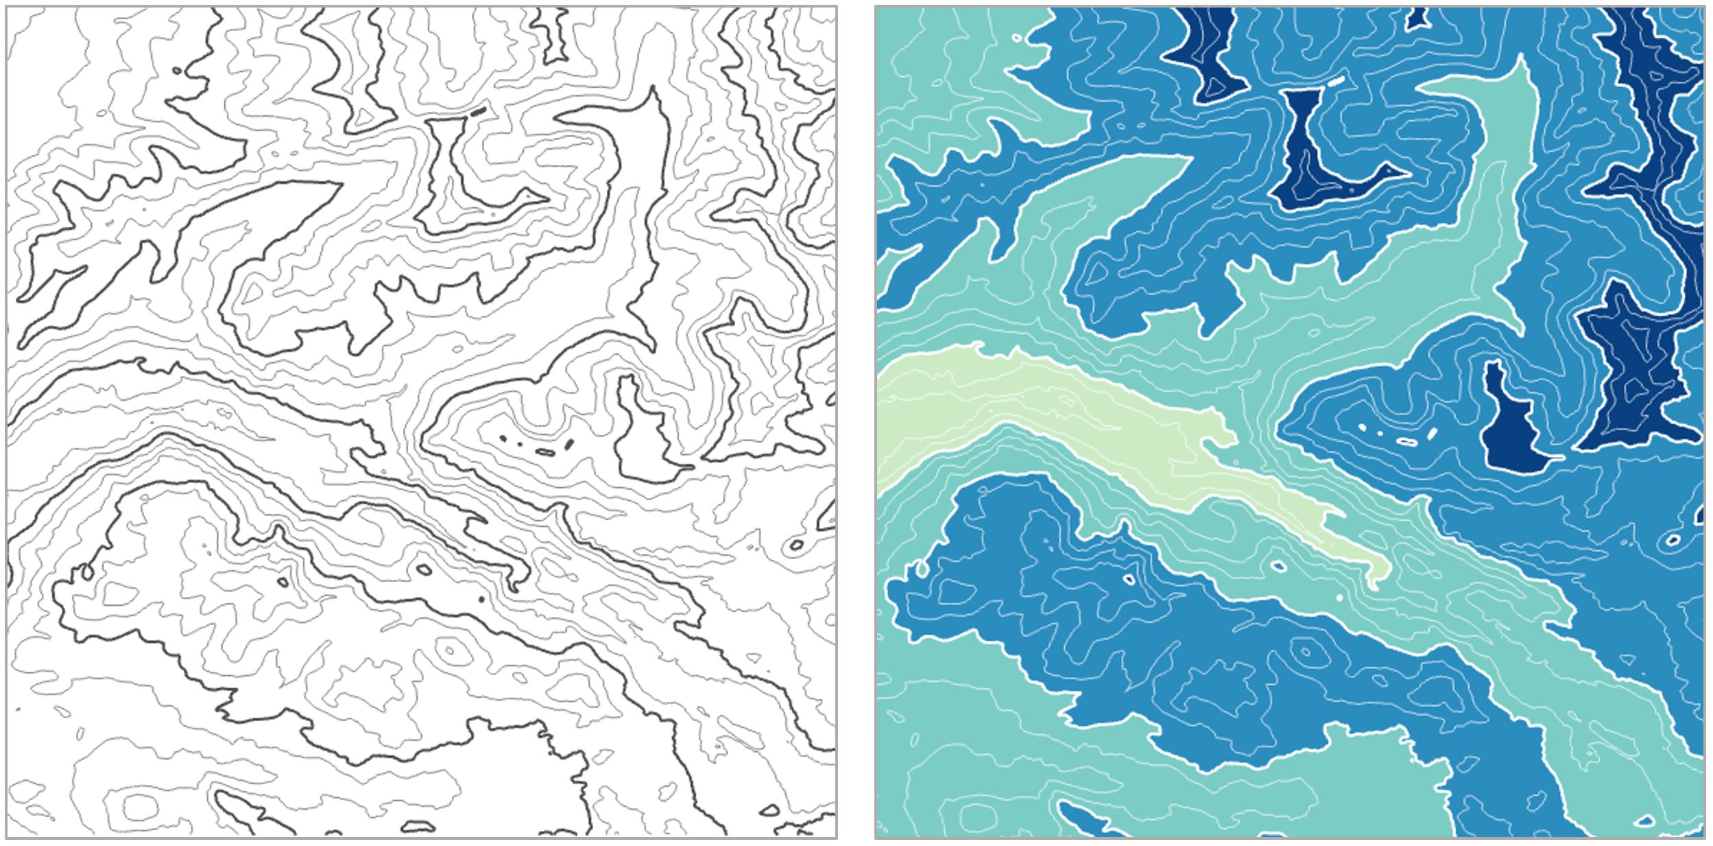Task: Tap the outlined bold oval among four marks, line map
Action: coord(545,451)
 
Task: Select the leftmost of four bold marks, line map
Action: coord(503,438)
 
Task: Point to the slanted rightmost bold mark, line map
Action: coord(568,444)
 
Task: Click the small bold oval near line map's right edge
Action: coord(796,545)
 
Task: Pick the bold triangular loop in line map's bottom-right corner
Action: coord(771,811)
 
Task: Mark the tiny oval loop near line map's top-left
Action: coord(178,70)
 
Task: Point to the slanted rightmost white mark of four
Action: coord(1431,434)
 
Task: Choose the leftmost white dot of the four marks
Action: coord(1362,427)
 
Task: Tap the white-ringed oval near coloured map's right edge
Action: coord(1673,540)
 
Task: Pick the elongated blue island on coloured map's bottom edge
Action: coord(1090,820)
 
